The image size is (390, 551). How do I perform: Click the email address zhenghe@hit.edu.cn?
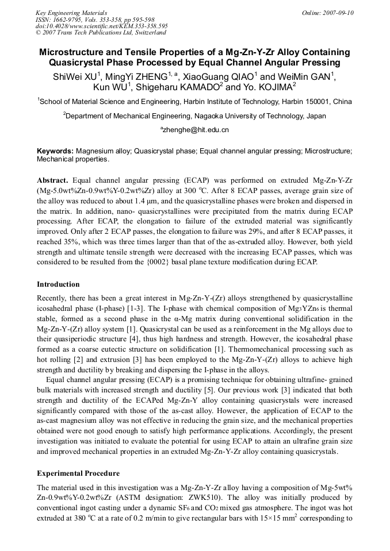point(196,130)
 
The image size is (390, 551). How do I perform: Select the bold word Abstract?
point(52,180)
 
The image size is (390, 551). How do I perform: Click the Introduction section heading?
point(58,284)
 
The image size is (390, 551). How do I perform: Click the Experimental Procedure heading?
point(78,473)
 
